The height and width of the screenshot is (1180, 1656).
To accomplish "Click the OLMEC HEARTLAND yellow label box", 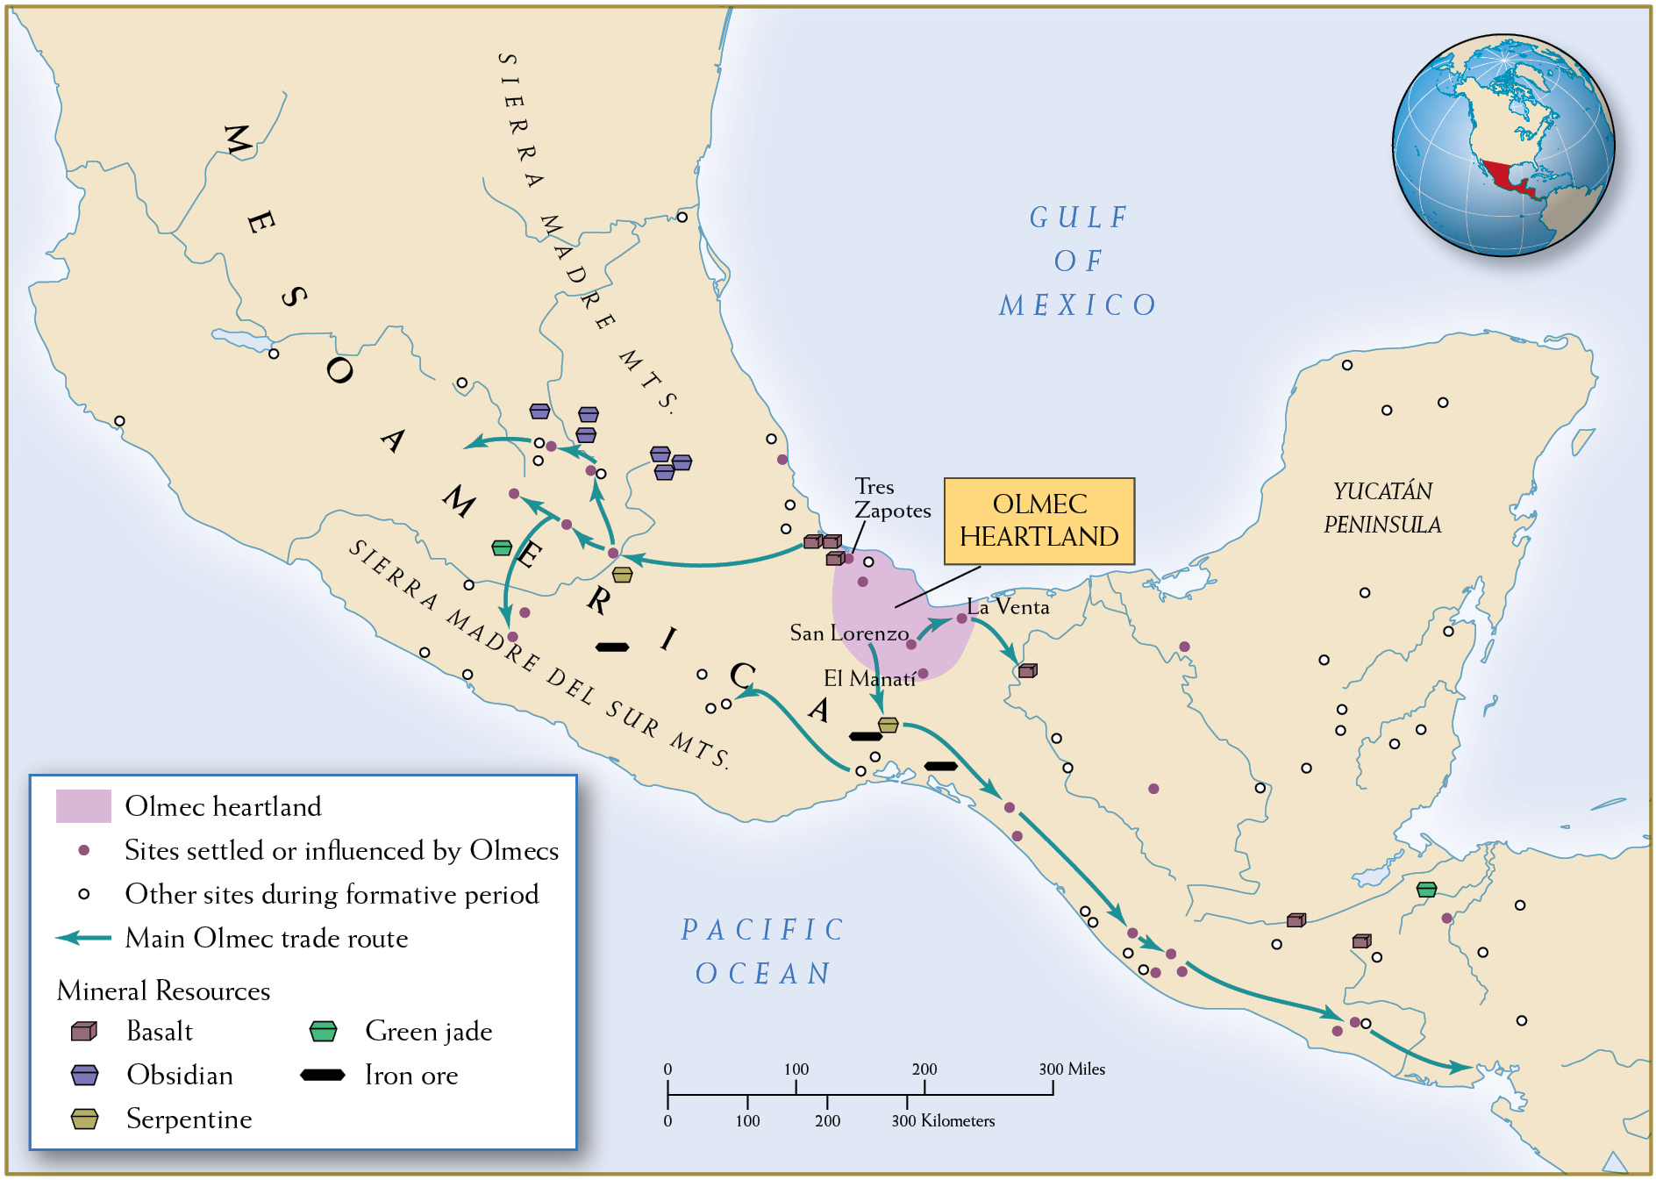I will [1039, 520].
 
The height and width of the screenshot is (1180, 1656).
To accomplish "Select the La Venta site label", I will [1009, 607].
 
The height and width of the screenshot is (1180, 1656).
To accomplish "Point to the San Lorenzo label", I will [848, 633].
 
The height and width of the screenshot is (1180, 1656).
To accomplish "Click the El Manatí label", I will [868, 678].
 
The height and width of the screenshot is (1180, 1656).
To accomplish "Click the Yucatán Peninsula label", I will [1382, 508].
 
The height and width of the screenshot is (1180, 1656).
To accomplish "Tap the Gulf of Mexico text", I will [1078, 261].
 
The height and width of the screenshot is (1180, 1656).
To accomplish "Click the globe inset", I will [1503, 146].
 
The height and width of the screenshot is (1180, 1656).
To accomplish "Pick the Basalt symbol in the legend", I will [84, 1031].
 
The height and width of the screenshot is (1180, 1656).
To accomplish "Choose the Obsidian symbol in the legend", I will [84, 1075].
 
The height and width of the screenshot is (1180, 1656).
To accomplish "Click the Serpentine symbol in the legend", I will [84, 1119].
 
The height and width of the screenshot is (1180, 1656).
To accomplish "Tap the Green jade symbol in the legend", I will [324, 1031].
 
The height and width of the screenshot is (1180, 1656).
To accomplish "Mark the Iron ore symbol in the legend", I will [323, 1075].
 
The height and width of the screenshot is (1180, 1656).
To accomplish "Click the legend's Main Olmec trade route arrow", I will [83, 938].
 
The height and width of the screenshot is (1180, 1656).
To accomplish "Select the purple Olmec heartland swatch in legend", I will [83, 806].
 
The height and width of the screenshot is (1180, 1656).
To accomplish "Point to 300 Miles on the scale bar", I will [1072, 1069].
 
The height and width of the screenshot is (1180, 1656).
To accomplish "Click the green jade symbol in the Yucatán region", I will [1426, 889].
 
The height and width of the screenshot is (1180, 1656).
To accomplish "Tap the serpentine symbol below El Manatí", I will [888, 725].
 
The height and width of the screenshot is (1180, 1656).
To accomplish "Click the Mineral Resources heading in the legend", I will [163, 990].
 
